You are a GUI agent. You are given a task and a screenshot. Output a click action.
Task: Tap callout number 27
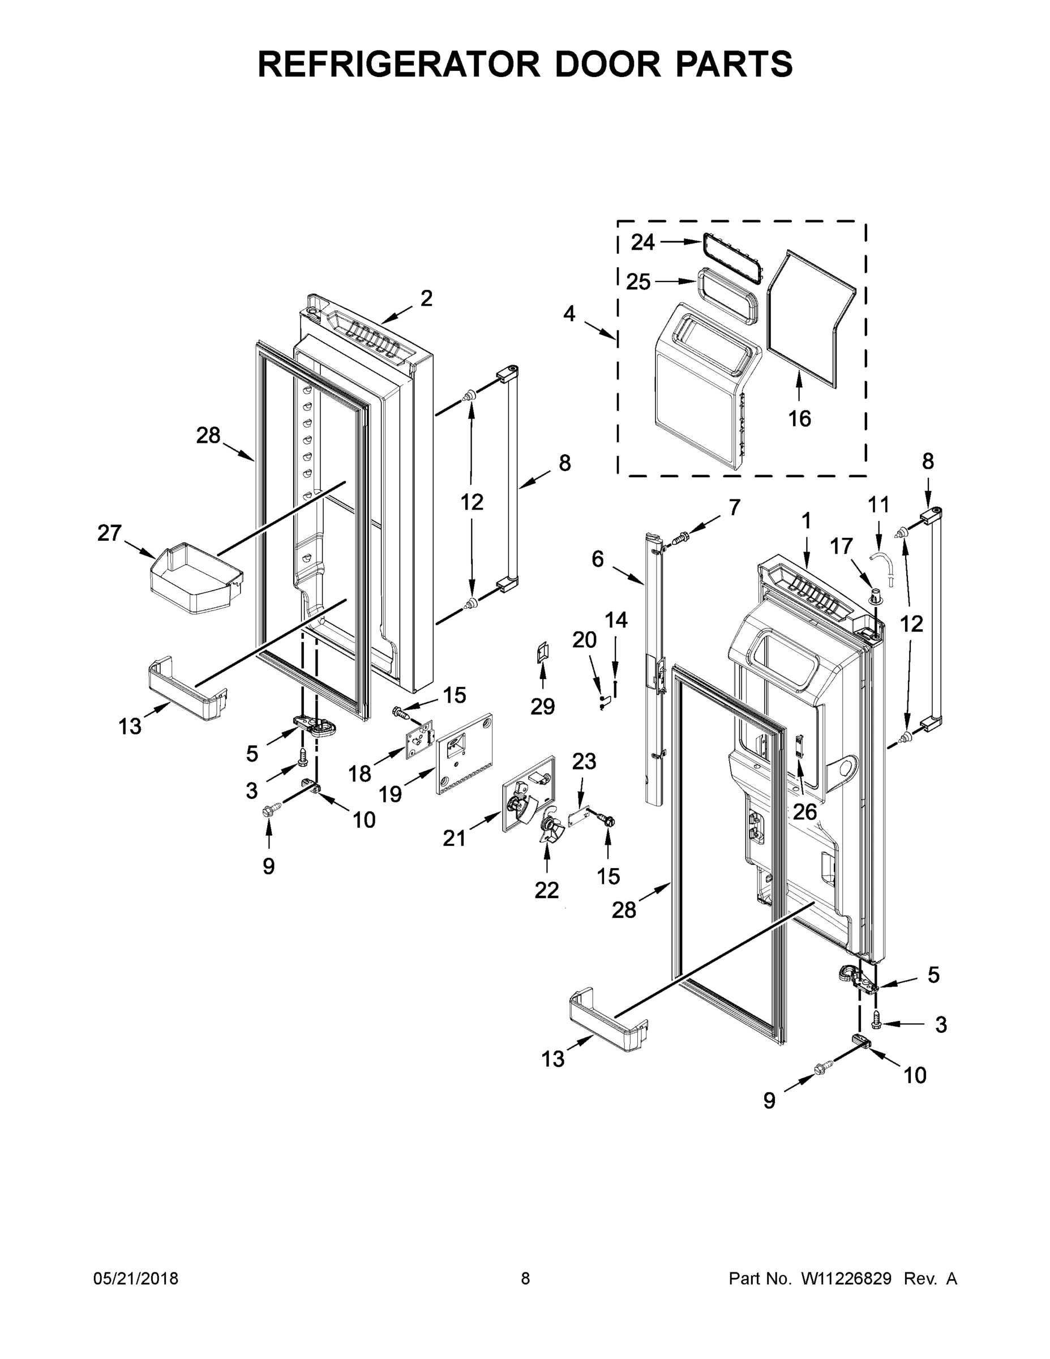(x=109, y=533)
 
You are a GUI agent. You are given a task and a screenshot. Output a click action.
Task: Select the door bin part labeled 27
(x=195, y=578)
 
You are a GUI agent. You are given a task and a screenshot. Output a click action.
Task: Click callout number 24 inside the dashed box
(x=642, y=242)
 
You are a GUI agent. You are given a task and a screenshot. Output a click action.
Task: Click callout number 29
(x=542, y=706)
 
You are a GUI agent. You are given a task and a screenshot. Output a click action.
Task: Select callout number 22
(x=546, y=891)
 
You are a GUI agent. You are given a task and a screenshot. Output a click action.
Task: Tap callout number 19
(x=390, y=793)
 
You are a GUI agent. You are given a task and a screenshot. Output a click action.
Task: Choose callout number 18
(x=359, y=773)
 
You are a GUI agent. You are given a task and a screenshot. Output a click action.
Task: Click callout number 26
(x=804, y=811)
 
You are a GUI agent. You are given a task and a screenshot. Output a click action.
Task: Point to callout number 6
(x=597, y=559)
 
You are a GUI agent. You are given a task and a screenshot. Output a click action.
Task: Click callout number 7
(x=734, y=507)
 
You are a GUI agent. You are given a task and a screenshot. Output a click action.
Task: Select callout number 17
(x=841, y=546)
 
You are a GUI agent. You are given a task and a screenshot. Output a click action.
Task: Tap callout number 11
(x=878, y=504)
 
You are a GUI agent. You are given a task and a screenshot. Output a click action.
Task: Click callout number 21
(x=454, y=838)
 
